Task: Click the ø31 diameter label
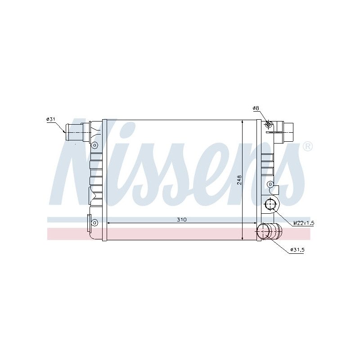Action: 50,119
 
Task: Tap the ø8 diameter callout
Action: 255,108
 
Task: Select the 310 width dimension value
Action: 181,220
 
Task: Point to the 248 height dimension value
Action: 240,180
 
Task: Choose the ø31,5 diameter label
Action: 297,250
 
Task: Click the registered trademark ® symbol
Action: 307,146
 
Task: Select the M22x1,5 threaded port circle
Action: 270,205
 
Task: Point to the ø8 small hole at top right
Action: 269,124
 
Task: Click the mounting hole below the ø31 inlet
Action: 95,145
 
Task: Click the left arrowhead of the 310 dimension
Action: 108,223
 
